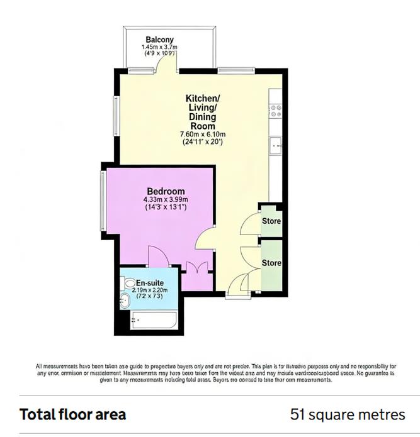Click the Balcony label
[160, 40]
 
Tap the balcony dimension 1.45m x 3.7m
[160, 47]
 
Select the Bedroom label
[166, 191]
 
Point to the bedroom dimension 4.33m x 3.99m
[166, 200]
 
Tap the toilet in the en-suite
[130, 284]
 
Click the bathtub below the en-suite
[153, 322]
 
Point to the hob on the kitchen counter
[275, 111]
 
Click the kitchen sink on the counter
[275, 146]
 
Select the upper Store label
[271, 221]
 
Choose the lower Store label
[271, 262]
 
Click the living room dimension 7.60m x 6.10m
[202, 135]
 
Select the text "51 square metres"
[348, 415]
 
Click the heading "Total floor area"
[73, 415]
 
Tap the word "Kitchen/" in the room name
[202, 99]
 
